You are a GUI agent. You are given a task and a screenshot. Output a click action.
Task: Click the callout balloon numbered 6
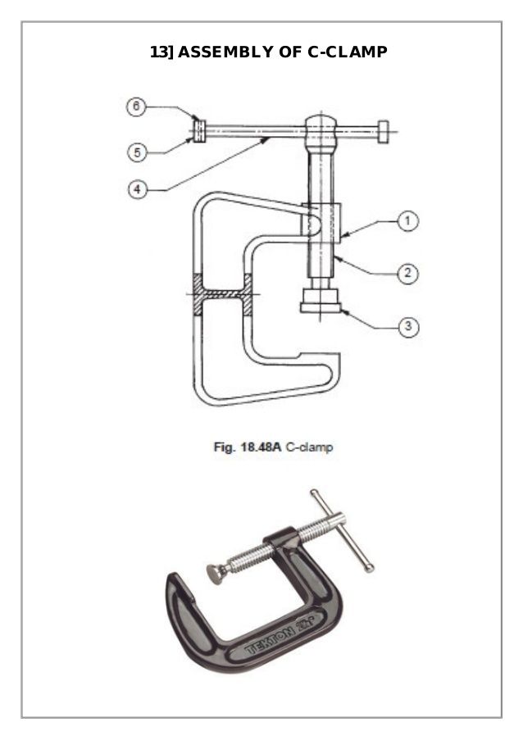tap(139, 107)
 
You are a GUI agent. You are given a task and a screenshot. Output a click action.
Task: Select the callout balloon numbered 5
tap(139, 152)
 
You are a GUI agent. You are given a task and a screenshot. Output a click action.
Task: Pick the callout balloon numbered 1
tap(407, 220)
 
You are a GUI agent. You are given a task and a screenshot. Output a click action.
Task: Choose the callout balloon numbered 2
tap(407, 273)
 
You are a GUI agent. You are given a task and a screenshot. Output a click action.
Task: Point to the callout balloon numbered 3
tap(407, 327)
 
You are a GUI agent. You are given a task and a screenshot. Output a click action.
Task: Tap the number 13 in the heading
tap(158, 52)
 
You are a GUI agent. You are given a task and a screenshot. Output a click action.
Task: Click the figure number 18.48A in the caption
tap(261, 448)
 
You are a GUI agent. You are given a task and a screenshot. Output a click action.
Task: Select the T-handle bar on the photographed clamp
tap(343, 529)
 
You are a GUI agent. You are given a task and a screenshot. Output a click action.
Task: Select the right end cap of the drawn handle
tap(385, 130)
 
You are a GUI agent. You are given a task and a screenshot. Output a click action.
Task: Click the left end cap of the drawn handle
tap(198, 131)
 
